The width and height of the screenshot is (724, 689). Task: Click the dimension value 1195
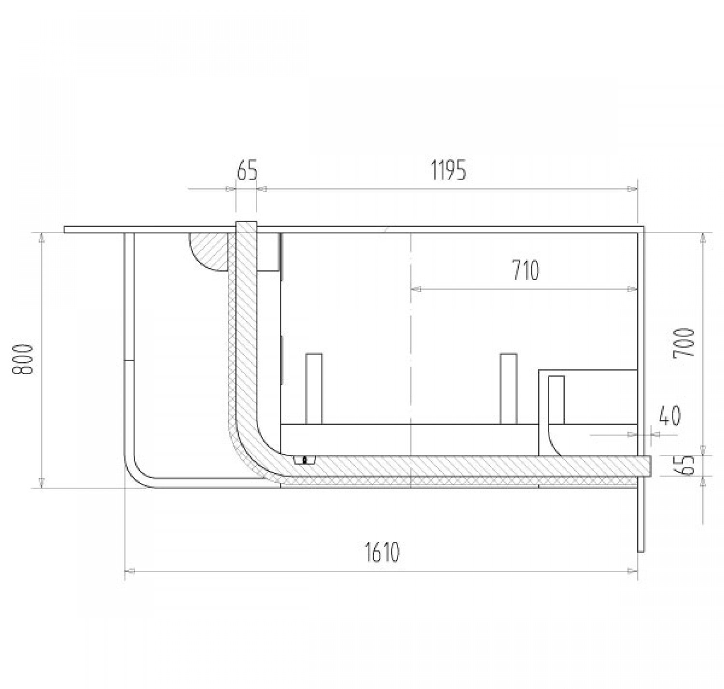coord(448,171)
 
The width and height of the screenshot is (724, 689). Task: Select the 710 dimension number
coord(526,270)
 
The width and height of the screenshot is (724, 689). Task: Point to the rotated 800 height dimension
coord(23,360)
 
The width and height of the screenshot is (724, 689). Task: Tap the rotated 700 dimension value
coord(683,342)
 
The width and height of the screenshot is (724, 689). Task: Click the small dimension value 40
coord(670,415)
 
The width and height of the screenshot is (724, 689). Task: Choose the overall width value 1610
coord(382,553)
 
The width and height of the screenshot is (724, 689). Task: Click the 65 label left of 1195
coord(247,171)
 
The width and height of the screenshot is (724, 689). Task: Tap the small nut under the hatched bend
coord(305,460)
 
